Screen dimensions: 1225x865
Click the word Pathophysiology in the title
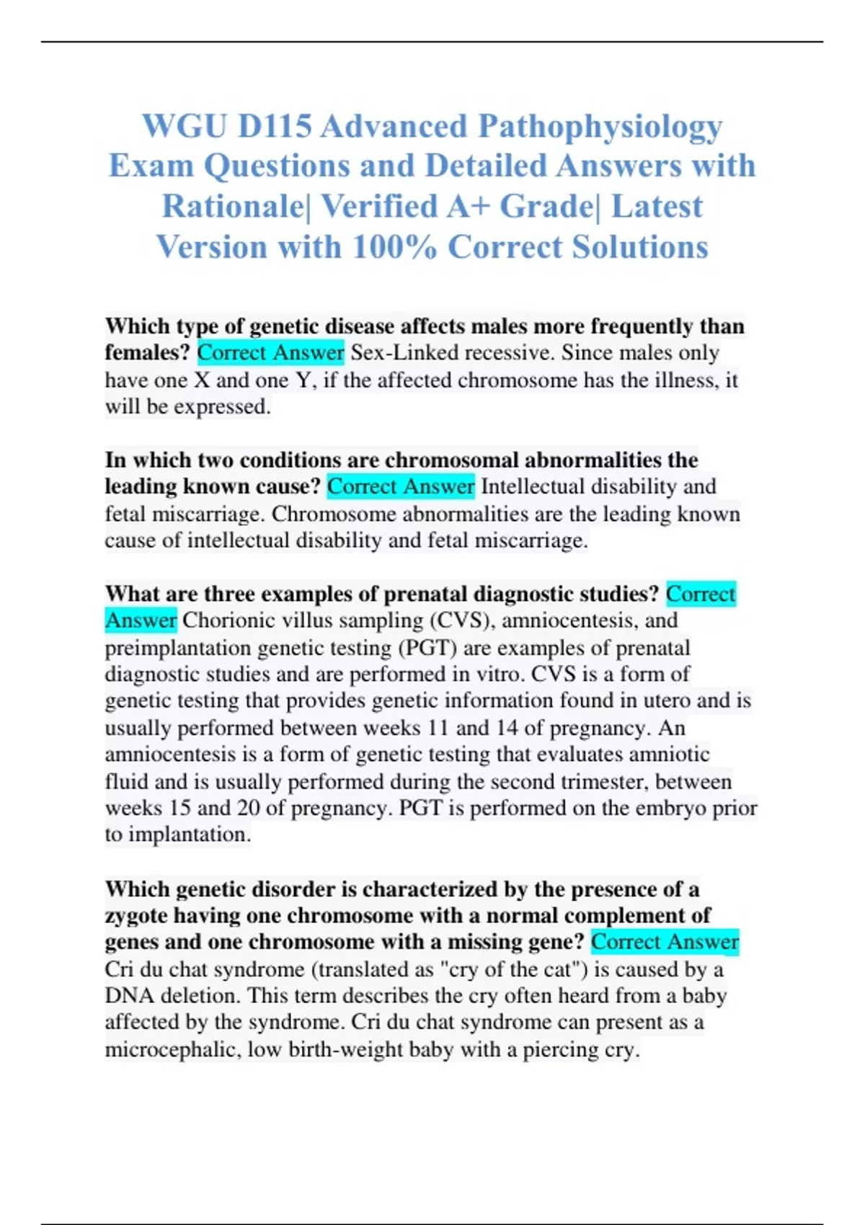600,128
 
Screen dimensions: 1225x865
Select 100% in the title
394,247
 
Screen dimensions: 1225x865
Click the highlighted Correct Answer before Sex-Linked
270,353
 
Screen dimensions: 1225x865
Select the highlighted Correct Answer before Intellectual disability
401,487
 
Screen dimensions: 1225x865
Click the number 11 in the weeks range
438,728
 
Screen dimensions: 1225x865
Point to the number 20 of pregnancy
248,808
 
